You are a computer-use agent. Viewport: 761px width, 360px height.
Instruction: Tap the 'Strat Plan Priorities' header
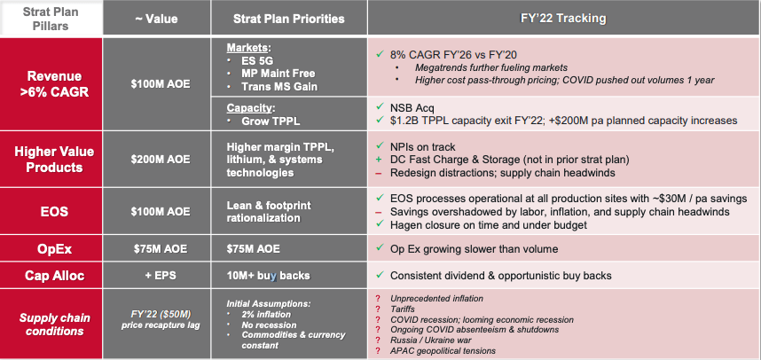tap(289, 18)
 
